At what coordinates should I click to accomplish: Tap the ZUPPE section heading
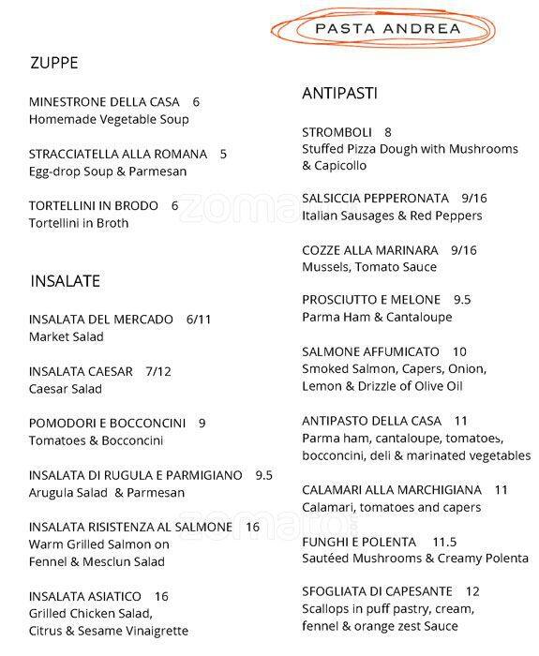(x=53, y=64)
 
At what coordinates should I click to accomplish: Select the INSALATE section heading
(x=65, y=280)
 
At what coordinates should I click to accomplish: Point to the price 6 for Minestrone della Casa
(x=196, y=102)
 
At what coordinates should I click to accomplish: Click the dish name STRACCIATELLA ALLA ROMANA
(x=115, y=155)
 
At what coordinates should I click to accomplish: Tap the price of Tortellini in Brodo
(x=174, y=206)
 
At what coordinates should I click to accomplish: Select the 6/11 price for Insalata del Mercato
(x=199, y=320)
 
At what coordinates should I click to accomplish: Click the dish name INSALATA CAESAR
(x=81, y=371)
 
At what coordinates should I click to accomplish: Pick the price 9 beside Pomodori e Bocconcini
(x=202, y=423)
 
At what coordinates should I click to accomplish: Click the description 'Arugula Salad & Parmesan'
(x=107, y=492)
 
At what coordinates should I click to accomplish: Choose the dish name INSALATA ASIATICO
(x=85, y=596)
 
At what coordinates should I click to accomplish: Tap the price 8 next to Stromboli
(x=388, y=132)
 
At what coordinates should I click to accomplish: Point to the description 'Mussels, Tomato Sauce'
(x=369, y=267)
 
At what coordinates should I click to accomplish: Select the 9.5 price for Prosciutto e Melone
(x=462, y=300)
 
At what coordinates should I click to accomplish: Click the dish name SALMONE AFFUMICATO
(x=371, y=351)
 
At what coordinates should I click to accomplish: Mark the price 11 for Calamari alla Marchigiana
(x=501, y=490)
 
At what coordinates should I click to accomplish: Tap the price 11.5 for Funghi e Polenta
(x=444, y=542)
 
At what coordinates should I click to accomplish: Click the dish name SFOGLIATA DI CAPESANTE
(x=377, y=591)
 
